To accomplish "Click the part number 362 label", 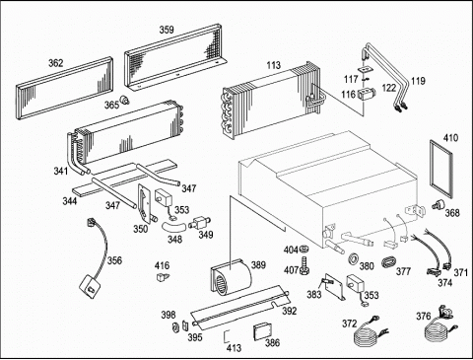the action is [x=56, y=63].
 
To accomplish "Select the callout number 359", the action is [x=167, y=30].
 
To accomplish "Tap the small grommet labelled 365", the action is [x=125, y=100].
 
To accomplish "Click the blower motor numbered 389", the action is [x=231, y=278].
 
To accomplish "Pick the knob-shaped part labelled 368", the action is [x=438, y=205].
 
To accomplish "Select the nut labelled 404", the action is [x=304, y=250].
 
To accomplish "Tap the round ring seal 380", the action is [x=354, y=258].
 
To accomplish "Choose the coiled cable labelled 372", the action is [x=368, y=334].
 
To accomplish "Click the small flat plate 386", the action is [x=262, y=332].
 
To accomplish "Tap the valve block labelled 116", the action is [x=366, y=94].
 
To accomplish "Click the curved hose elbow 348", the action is [x=173, y=226].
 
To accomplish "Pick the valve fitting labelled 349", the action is [x=200, y=223].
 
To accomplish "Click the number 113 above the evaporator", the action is [x=274, y=65].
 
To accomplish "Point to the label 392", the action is [x=290, y=311].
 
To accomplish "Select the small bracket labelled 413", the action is [x=225, y=336].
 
